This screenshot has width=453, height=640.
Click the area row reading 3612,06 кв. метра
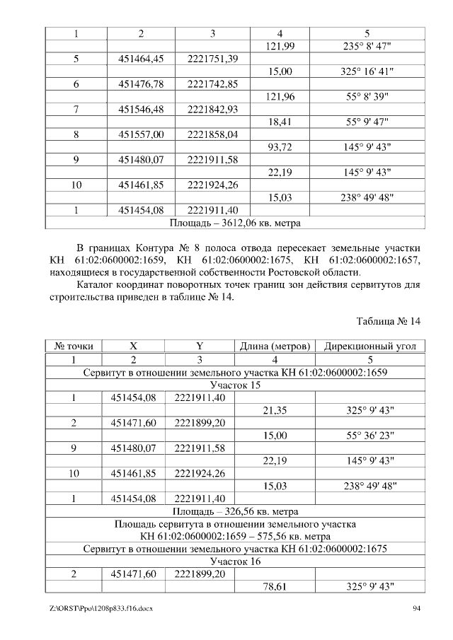[235, 223]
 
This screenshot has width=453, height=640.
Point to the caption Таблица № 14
[389, 321]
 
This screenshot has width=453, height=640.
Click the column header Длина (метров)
[275, 347]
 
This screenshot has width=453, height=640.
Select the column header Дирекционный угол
[370, 347]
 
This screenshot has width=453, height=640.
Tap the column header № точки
[74, 347]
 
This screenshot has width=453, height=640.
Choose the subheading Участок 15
[235, 385]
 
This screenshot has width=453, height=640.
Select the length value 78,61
[275, 587]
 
